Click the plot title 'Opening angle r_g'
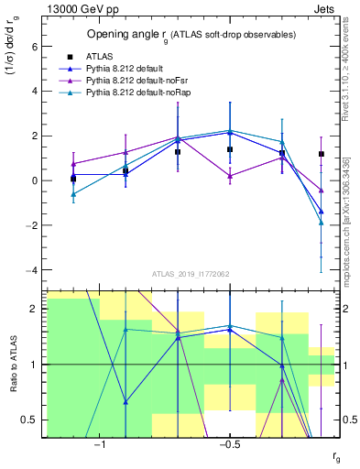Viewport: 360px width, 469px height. coord(190,35)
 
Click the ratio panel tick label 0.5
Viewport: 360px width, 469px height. coord(28,420)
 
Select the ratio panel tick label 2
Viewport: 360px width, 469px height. coord(32,309)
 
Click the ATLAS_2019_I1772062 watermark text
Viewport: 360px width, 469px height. coord(191,273)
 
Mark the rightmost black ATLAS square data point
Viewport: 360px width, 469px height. coord(322,154)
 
